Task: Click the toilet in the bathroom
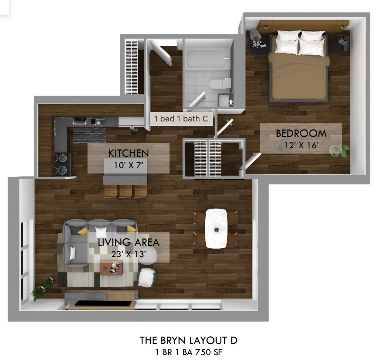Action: pos(220,84)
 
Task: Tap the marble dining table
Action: pos(216,229)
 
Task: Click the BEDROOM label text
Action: pos(301,133)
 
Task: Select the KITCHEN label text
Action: pos(128,153)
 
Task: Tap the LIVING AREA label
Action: pos(128,242)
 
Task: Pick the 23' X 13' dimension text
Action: pos(129,254)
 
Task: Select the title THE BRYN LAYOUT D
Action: pos(189,341)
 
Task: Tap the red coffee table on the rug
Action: pos(111,268)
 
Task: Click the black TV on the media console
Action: pos(103,303)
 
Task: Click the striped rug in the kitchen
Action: pos(89,136)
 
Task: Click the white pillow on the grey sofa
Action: pos(101,232)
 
